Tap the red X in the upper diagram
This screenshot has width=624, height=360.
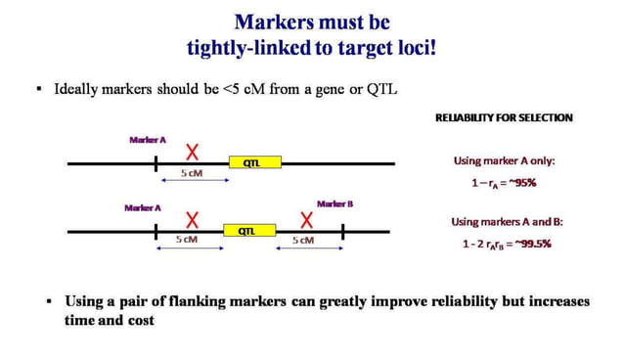click(x=195, y=152)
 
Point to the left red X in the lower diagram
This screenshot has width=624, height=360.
click(x=193, y=219)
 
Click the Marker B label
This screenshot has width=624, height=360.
click(x=334, y=203)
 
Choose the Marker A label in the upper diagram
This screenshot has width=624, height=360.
click(x=148, y=140)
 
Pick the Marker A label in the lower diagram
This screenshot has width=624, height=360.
click(x=143, y=207)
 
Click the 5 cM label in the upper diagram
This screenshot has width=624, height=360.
click(x=192, y=173)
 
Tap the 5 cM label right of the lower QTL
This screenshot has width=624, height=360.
click(x=303, y=240)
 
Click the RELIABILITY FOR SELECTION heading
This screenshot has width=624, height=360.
click(x=504, y=117)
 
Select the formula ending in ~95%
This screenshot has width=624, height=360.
click(x=504, y=182)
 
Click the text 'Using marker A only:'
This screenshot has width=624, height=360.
click(x=502, y=160)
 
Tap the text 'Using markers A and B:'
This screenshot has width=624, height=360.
click(x=507, y=222)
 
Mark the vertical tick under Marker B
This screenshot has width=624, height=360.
click(x=344, y=232)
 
